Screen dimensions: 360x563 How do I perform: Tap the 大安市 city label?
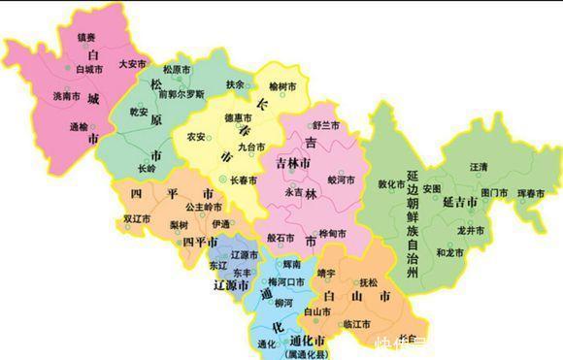click(x=131, y=64)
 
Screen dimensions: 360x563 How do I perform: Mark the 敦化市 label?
click(x=391, y=183)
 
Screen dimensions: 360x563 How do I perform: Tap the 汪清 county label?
click(x=479, y=167)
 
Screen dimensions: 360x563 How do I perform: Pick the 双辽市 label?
click(x=136, y=220)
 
